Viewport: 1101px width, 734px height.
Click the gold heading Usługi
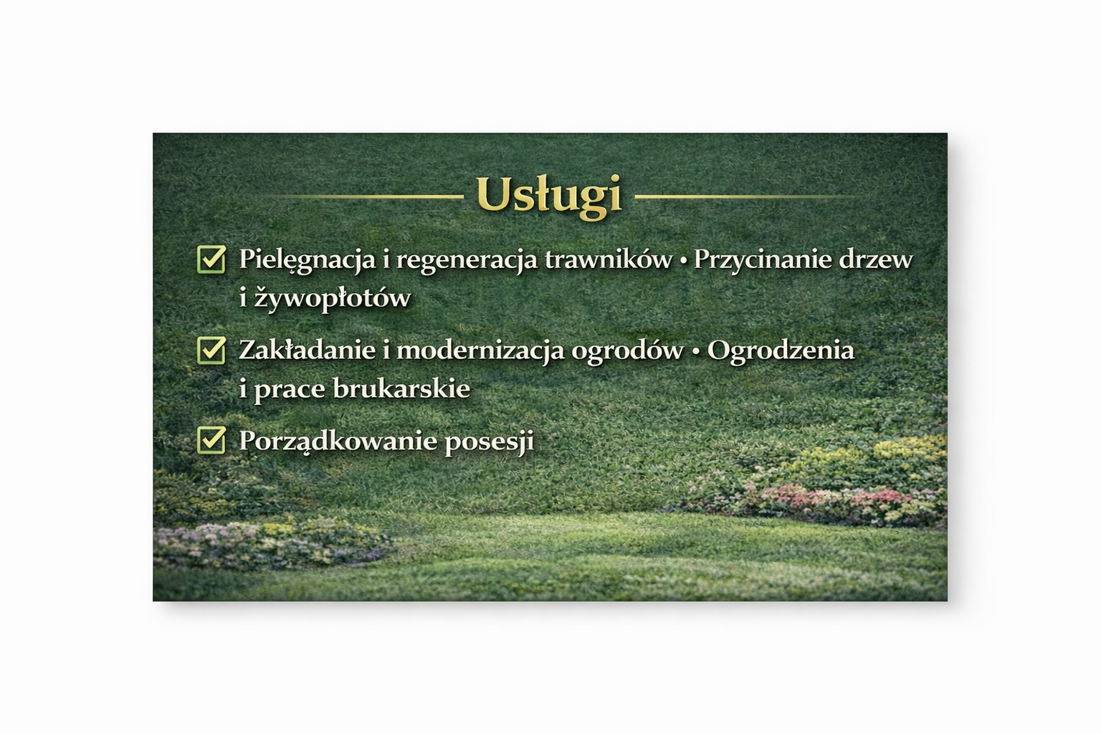[x=548, y=194]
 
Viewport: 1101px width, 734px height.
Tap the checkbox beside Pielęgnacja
[x=211, y=259]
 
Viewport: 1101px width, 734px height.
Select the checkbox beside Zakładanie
[x=211, y=350]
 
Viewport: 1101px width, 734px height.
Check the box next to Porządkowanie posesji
[x=211, y=440]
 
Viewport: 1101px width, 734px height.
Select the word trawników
[x=609, y=259]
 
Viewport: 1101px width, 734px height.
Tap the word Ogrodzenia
[x=781, y=351]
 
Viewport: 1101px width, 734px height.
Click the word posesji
[x=490, y=441]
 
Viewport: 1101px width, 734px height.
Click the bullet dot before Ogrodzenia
[x=695, y=351]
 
